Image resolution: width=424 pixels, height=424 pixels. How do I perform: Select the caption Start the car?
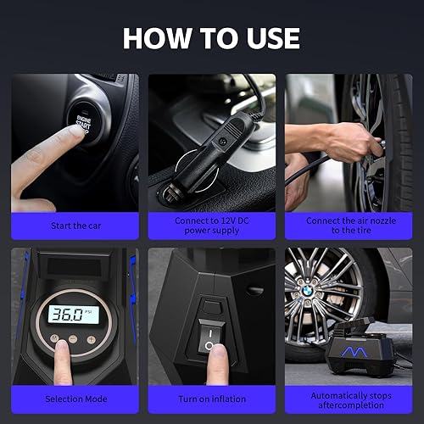(x=74, y=226)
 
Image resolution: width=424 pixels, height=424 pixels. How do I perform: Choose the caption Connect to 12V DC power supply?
(x=211, y=225)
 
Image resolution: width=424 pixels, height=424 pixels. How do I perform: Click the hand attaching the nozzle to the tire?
(x=339, y=140)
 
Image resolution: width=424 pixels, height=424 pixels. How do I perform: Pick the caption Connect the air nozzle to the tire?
(x=349, y=225)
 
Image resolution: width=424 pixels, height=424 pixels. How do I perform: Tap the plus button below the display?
(x=90, y=338)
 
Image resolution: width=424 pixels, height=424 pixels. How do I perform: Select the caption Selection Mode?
(x=74, y=399)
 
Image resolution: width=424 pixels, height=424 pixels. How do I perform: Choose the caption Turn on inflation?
(x=211, y=399)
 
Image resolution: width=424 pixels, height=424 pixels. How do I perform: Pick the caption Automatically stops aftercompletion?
(x=349, y=399)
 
